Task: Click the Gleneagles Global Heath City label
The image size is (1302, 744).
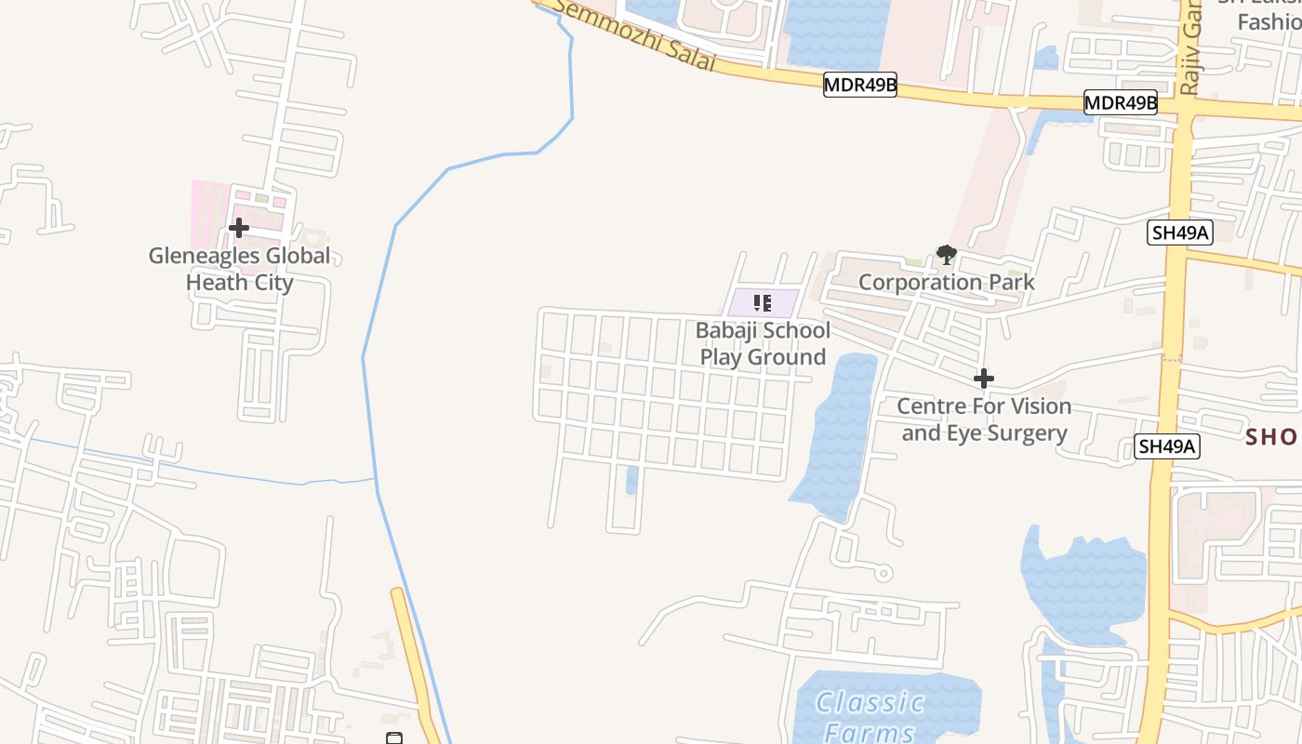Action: tap(240, 269)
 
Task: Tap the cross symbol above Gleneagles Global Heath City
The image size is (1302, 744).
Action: tap(239, 228)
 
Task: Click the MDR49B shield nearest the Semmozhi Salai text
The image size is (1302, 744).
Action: tap(860, 86)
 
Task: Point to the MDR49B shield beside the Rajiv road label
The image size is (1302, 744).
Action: tap(1121, 102)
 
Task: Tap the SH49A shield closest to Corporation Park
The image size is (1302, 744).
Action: tap(1180, 232)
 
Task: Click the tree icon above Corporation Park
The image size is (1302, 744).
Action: tap(946, 254)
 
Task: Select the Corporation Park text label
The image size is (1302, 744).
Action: tap(946, 282)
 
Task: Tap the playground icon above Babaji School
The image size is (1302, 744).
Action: tap(763, 302)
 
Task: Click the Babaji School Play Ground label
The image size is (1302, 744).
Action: tap(763, 343)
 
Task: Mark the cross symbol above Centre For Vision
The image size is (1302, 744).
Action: tap(984, 379)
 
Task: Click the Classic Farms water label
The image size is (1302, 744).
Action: tap(870, 716)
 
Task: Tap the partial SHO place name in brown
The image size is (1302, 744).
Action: tap(1272, 436)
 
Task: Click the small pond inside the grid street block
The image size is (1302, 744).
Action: tap(632, 480)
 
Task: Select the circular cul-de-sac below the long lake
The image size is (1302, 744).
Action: tap(883, 573)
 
